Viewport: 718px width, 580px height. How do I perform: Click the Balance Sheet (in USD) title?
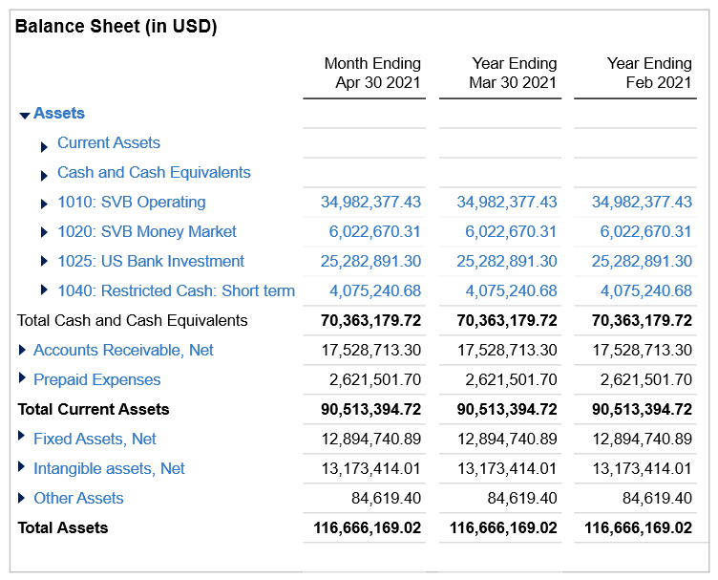coord(116,27)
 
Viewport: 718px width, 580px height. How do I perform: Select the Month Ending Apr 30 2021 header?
coord(372,73)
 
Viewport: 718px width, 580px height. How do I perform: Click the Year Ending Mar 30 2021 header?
coord(513,73)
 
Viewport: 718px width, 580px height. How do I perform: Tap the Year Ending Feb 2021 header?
coord(649,73)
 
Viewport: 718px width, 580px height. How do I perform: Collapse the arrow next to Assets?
coord(25,115)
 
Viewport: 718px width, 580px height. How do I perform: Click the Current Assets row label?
coord(108,143)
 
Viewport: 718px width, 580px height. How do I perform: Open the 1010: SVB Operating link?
coord(131,203)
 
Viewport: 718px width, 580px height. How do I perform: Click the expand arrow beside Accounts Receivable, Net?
coord(23,350)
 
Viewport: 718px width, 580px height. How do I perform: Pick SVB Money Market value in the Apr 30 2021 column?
coord(374,232)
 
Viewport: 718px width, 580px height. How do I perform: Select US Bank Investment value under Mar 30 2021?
coord(506,262)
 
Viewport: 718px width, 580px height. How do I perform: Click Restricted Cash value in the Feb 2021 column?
coord(645,291)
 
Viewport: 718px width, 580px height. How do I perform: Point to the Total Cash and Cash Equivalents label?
coord(132,321)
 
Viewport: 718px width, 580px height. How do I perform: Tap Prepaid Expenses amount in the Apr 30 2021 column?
coord(374,380)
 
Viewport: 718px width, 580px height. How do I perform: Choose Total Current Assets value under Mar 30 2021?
coord(506,410)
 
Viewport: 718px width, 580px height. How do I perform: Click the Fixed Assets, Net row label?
coord(95,440)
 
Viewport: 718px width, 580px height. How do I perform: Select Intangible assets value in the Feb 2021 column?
coord(642,469)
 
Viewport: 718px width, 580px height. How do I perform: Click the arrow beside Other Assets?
coord(23,498)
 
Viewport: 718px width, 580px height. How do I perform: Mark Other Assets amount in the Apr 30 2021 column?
coord(386,499)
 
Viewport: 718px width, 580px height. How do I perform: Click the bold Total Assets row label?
coord(63,528)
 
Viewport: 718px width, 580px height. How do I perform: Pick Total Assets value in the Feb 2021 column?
coord(638,528)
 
